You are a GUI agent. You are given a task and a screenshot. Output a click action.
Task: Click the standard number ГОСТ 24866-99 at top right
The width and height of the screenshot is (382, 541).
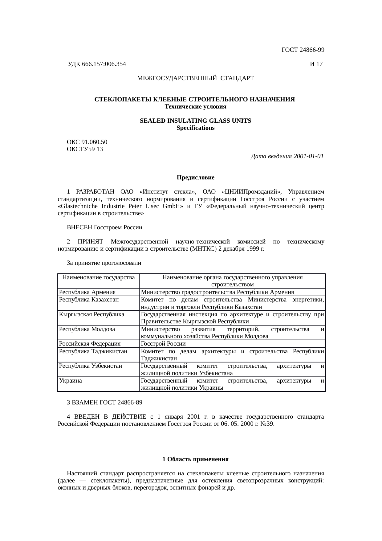pyautogui.click(x=303, y=50)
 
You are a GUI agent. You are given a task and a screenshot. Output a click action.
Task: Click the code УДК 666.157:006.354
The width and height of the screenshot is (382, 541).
pyautogui.click(x=97, y=64)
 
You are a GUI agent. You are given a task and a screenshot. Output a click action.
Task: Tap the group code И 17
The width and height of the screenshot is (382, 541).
pyautogui.click(x=316, y=64)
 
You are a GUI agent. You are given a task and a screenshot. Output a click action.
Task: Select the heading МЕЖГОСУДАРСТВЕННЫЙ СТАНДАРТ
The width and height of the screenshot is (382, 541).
pyautogui.click(x=195, y=78)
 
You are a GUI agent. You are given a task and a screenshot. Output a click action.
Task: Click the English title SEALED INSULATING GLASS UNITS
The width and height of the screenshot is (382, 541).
pyautogui.click(x=195, y=121)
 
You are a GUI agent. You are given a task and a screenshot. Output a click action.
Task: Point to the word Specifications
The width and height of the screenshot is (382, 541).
pyautogui.click(x=195, y=128)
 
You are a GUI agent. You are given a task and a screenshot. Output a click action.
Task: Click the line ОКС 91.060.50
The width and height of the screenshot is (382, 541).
pyautogui.click(x=87, y=142)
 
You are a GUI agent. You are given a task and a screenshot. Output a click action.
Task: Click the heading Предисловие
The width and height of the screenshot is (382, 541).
pyautogui.click(x=195, y=178)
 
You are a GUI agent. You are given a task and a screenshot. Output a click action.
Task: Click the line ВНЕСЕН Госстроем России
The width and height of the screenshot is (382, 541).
pyautogui.click(x=104, y=227)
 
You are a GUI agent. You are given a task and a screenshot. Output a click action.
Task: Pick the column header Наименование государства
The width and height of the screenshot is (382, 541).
pyautogui.click(x=98, y=277)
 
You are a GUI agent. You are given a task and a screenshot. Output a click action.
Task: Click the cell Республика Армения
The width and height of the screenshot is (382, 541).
pyautogui.click(x=87, y=292)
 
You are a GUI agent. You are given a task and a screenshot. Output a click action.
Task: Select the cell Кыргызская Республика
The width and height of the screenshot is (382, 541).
pyautogui.click(x=91, y=314)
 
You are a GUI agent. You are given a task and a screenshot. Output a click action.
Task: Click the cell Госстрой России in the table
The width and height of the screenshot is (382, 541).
pyautogui.click(x=163, y=343)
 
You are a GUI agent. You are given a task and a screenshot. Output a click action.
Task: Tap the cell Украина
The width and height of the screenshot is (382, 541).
pyautogui.click(x=71, y=380)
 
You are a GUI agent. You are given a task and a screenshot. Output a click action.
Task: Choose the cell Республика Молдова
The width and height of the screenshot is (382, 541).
pyautogui.click(x=87, y=329)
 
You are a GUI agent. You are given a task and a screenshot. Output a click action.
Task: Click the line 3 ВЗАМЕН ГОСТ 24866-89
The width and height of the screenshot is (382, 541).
pyautogui.click(x=104, y=403)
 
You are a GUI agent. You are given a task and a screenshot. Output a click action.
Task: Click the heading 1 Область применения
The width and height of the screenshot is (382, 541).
pyautogui.click(x=195, y=459)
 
